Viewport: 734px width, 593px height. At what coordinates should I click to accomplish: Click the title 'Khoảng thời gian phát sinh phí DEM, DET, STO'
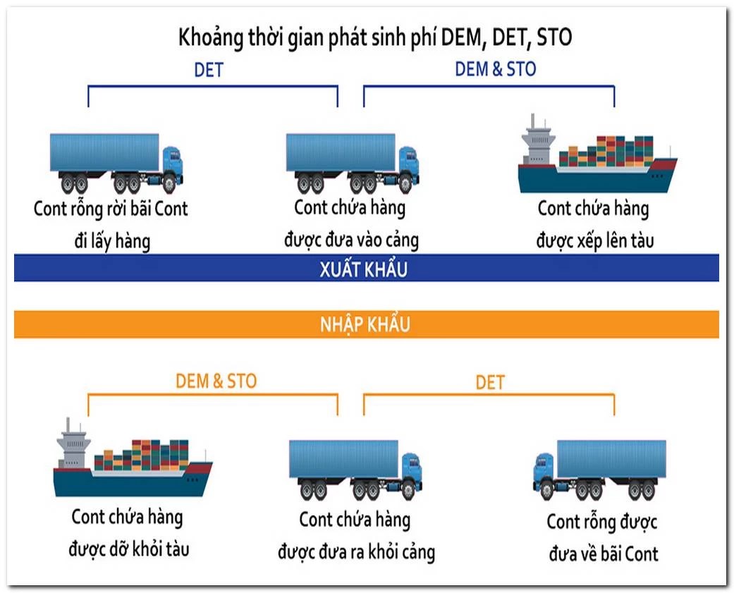pyautogui.click(x=374, y=37)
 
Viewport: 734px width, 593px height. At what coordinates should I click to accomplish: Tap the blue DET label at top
pyautogui.click(x=208, y=71)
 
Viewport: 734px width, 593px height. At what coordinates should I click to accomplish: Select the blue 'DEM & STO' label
pyautogui.click(x=495, y=69)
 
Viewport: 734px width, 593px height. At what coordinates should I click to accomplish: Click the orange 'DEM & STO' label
pyautogui.click(x=216, y=381)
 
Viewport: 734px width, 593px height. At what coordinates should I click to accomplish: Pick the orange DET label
pyautogui.click(x=490, y=383)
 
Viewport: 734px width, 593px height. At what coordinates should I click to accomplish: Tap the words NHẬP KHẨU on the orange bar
pyautogui.click(x=366, y=325)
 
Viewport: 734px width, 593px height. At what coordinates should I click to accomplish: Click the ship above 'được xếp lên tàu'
pyautogui.click(x=597, y=159)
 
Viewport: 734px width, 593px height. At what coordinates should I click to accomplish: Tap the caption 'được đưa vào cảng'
pyautogui.click(x=351, y=240)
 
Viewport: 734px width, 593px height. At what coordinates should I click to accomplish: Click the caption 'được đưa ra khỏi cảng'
pyautogui.click(x=356, y=551)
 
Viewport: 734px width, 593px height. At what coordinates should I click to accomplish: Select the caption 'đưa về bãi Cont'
pyautogui.click(x=603, y=554)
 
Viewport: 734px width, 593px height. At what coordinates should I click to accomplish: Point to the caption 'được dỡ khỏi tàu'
pyautogui.click(x=129, y=548)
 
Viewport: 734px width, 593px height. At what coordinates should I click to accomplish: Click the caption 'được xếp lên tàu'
pyautogui.click(x=594, y=240)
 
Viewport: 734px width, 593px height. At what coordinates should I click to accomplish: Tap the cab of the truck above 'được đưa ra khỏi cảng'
pyautogui.click(x=411, y=471)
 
